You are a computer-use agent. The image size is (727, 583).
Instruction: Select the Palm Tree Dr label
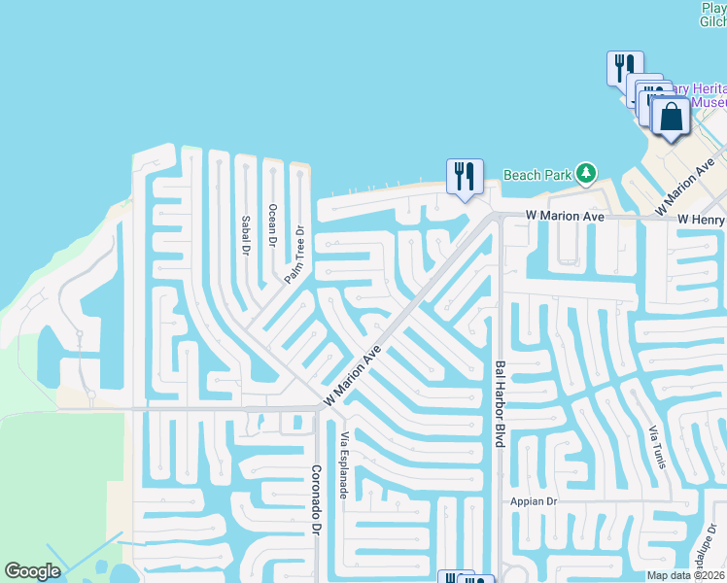[x=294, y=255]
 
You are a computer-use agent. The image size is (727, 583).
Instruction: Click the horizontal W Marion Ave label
[x=565, y=216]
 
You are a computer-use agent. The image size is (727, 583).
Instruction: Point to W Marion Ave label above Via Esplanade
[x=351, y=379]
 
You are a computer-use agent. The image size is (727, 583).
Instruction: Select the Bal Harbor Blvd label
[x=500, y=403]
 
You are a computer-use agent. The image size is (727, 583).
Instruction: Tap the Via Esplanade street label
[x=343, y=466]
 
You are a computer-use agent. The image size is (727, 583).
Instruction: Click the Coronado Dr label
[x=316, y=500]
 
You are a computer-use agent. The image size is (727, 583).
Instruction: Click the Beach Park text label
[x=537, y=175]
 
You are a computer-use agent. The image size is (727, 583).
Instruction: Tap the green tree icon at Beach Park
[x=585, y=174]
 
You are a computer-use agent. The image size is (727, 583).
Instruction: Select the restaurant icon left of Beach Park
[x=465, y=177]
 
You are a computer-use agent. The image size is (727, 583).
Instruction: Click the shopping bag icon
[x=671, y=118]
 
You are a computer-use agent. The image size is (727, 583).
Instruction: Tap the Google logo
[x=33, y=571]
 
